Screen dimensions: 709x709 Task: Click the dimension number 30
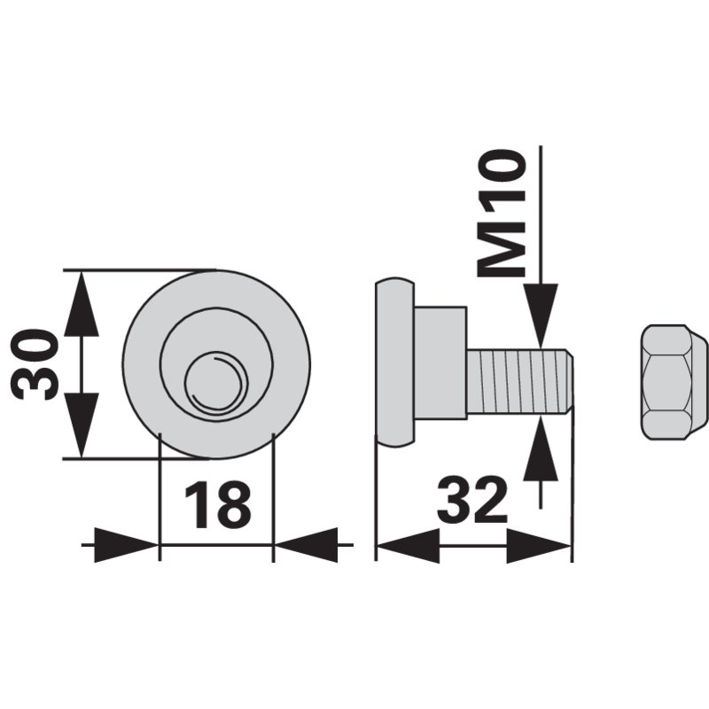point(35,364)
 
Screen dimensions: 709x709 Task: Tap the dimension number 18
point(217,504)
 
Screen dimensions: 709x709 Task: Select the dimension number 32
point(472,500)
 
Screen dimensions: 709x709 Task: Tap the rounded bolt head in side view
point(394,362)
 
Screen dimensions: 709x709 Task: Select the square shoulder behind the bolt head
point(440,362)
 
